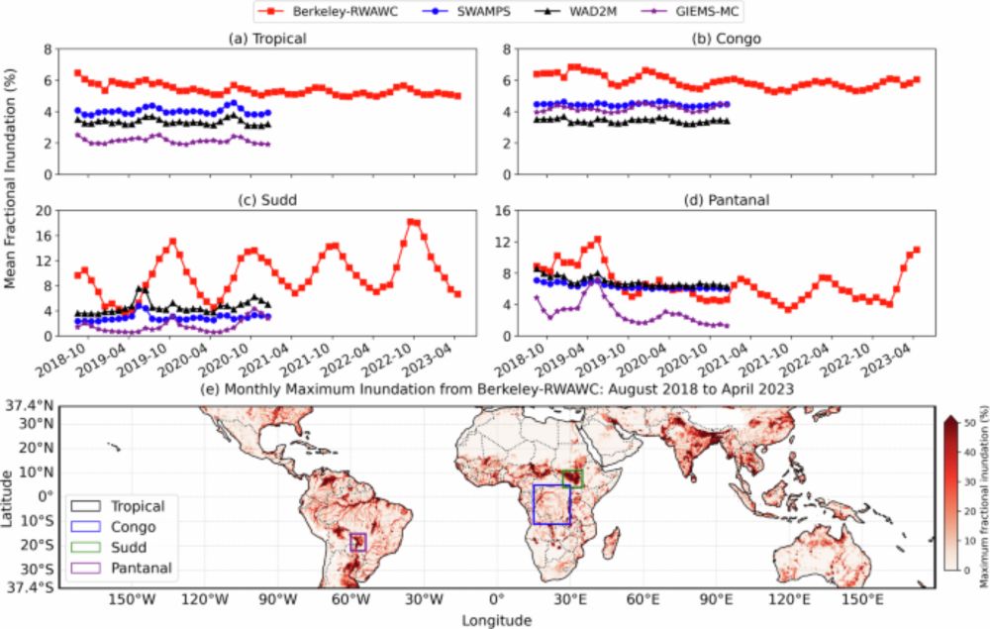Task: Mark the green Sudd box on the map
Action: (x=572, y=477)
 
